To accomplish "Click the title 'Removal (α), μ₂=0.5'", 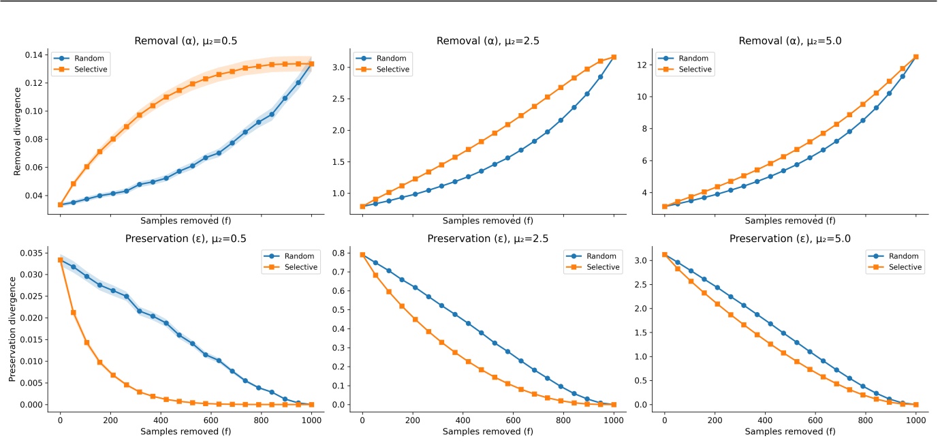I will tap(185, 42).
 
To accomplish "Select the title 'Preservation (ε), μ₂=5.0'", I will tap(790, 239).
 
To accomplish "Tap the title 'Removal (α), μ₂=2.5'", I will tap(488, 42).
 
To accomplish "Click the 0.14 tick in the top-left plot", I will tap(35, 55).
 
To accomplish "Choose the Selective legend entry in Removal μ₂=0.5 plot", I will tap(90, 70).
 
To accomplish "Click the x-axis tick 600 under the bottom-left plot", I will tap(211, 420).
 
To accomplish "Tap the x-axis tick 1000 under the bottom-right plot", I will tap(915, 420).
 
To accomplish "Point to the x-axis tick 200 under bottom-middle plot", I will tap(413, 420).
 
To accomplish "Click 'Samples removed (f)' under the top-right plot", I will tap(790, 221).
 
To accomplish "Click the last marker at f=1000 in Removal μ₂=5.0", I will tap(915, 57).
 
